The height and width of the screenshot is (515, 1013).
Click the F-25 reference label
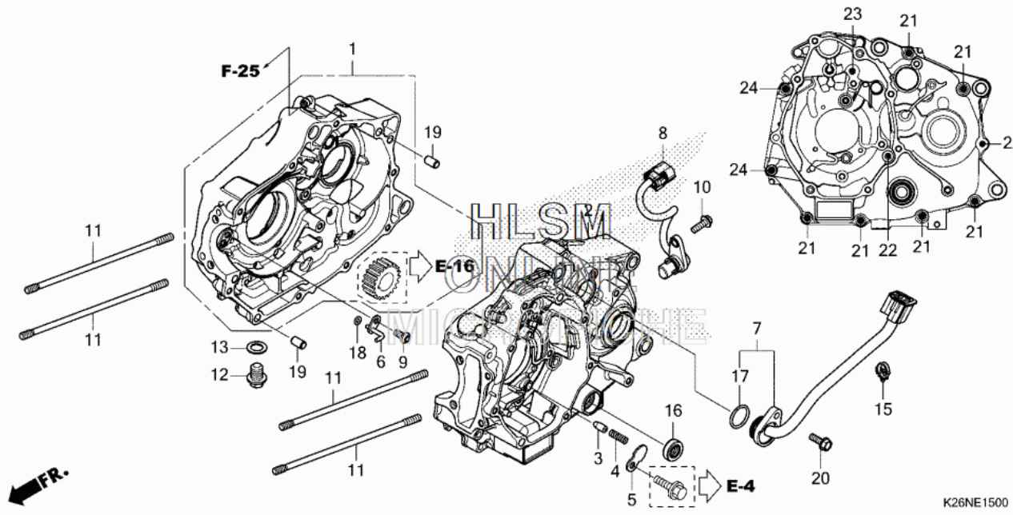click(240, 71)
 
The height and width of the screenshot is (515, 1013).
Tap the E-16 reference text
click(454, 266)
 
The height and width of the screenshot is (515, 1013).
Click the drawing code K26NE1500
click(974, 502)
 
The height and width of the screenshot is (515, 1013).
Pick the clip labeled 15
click(881, 370)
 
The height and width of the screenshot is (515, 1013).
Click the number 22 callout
click(886, 250)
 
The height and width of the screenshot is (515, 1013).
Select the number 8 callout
click(663, 134)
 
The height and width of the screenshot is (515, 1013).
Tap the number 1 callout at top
click(352, 50)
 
